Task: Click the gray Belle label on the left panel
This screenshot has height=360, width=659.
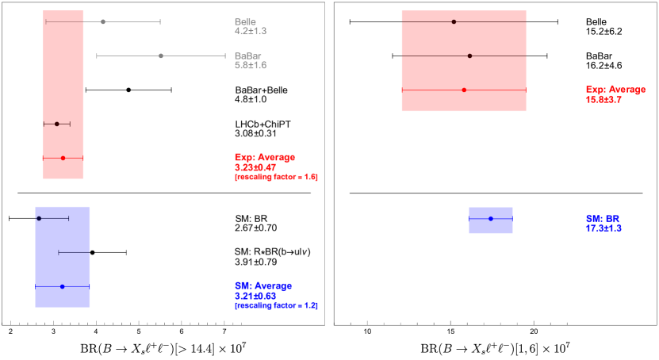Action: point(245,22)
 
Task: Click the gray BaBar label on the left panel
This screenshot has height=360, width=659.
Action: point(247,56)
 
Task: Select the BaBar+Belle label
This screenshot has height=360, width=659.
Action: point(262,90)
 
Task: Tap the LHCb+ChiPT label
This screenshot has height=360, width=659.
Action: point(263,124)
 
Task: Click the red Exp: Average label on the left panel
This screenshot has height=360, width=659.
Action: point(265,158)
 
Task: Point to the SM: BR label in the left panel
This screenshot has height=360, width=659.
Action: point(251,218)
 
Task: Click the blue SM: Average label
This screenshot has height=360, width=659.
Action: point(263,285)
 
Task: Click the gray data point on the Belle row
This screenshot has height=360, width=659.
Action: point(103,22)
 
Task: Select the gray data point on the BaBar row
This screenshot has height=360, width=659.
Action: point(161,56)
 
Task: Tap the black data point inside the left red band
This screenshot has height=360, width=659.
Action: point(57,124)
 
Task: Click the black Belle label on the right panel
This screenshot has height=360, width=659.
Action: point(596,22)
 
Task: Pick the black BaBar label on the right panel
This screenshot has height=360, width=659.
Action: point(599,56)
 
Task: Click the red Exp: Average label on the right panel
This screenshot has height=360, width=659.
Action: point(615,90)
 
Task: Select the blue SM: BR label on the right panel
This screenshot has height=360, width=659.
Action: point(602,219)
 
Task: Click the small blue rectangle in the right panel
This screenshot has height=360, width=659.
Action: point(491,220)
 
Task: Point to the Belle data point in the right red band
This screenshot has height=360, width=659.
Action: point(454,22)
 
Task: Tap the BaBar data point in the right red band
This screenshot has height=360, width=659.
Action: point(469,56)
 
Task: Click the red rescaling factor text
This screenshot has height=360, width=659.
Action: point(276,178)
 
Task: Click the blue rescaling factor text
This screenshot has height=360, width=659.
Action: point(276,306)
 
